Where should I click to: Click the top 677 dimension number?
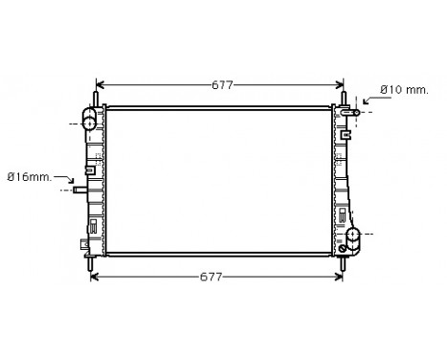coord(222,85)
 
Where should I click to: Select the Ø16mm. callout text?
coord(28,175)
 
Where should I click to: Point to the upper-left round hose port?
coord(89,122)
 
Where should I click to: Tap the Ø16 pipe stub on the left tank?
coord(80,190)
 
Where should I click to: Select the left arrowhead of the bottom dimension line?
coord(94,278)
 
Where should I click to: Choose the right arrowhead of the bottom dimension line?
coord(339,278)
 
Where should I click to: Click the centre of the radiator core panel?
coord(220,181)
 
